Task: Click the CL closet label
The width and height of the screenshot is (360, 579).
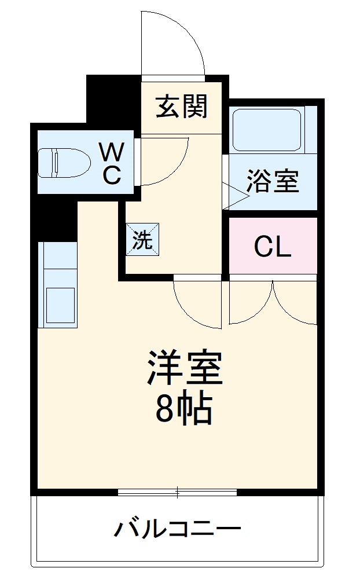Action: pyautogui.click(x=272, y=247)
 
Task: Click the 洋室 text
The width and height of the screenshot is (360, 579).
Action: pyautogui.click(x=184, y=369)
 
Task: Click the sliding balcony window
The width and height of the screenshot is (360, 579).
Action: pyautogui.click(x=177, y=493)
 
